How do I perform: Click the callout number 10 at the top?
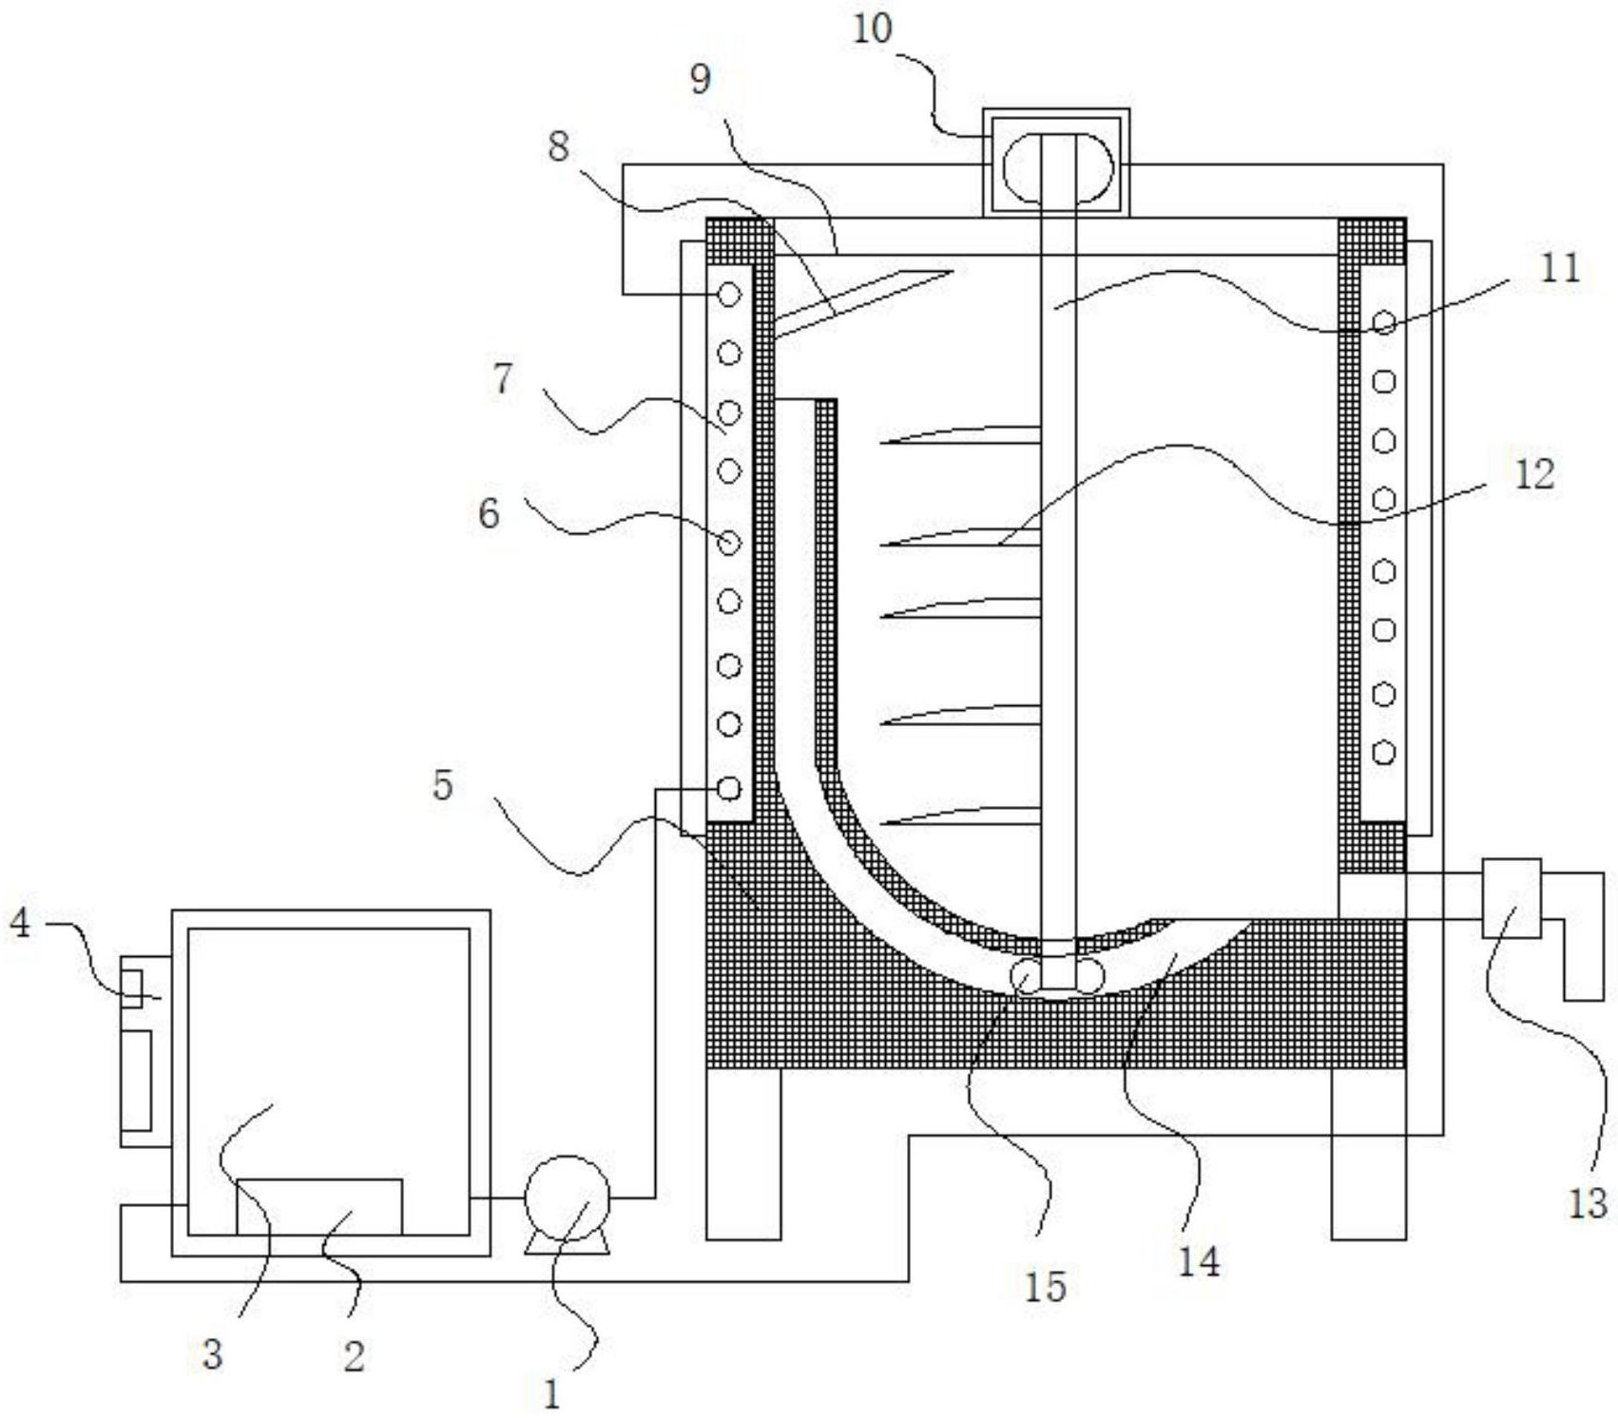872,29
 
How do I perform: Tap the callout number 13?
1586,1202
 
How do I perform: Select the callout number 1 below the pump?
551,1394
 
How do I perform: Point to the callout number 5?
442,786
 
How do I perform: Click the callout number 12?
1533,473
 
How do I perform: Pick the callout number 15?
1045,1286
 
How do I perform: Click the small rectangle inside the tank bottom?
318,1206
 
